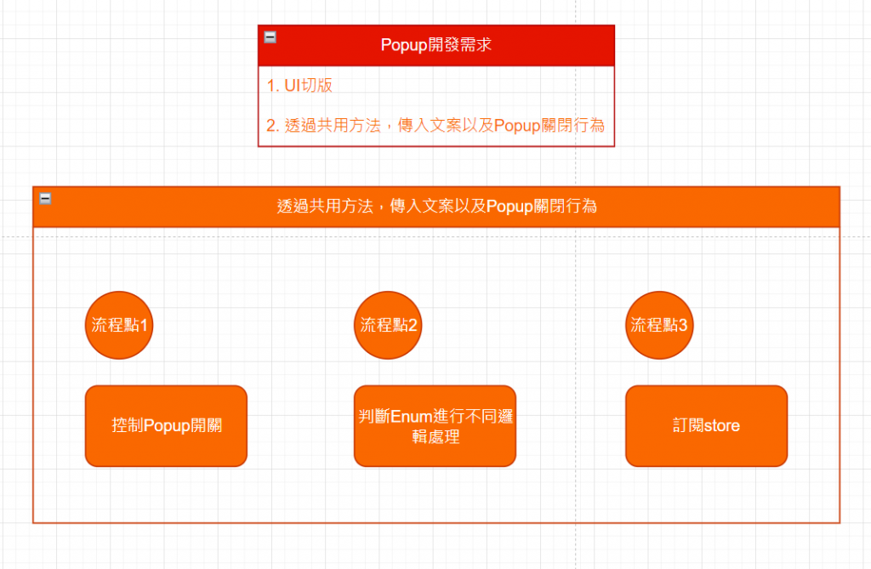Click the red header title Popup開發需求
(435, 45)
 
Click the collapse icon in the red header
(270, 37)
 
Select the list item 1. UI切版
(299, 86)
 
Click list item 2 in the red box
(435, 126)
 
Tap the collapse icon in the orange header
(45, 198)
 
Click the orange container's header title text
(436, 207)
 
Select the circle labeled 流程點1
(119, 325)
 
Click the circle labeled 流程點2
(389, 325)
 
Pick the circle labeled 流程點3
(658, 325)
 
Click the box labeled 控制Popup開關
(166, 426)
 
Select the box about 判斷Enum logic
(435, 426)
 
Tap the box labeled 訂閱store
(706, 426)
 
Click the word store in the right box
(721, 426)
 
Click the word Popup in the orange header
(510, 207)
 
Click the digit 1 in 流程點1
(145, 325)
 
